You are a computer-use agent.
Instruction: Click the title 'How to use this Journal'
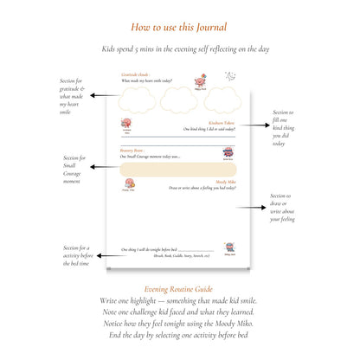[x=180, y=27]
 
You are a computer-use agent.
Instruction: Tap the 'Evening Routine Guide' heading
[x=180, y=288]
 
